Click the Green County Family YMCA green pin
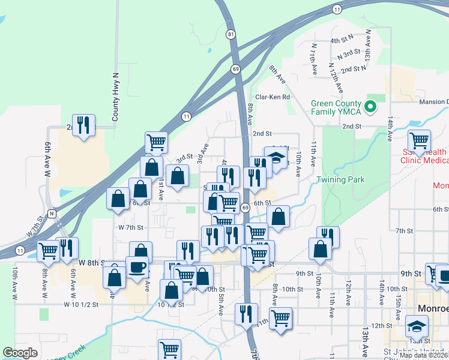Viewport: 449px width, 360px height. click(371, 107)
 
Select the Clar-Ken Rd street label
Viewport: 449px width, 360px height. click(273, 97)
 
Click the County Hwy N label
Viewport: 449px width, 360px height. click(116, 98)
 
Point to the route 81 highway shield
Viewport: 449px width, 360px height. click(232, 35)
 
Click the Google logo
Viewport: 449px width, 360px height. click(20, 353)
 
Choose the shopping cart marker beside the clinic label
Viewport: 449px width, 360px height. click(419, 140)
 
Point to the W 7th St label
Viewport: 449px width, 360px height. click(131, 227)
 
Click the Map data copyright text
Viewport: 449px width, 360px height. click(423, 355)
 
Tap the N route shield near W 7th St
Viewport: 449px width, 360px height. click(52, 213)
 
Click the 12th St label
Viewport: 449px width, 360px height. click(381, 325)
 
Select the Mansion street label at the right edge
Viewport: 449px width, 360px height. click(433, 101)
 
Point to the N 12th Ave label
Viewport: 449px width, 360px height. click(334, 76)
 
